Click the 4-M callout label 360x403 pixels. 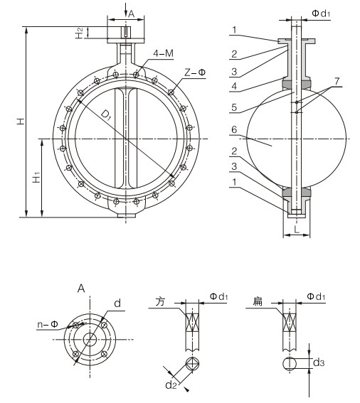pyautogui.click(x=163, y=53)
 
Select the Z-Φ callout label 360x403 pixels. pyautogui.click(x=196, y=72)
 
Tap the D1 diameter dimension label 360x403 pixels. pyautogui.click(x=106, y=114)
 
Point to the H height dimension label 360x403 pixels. pyautogui.click(x=21, y=121)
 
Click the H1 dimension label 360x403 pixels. pyautogui.click(x=36, y=177)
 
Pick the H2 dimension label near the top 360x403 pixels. pyautogui.click(x=79, y=33)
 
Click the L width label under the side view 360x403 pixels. pyautogui.click(x=297, y=229)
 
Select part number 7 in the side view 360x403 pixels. pyautogui.click(x=337, y=81)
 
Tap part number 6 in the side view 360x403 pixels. pyautogui.click(x=234, y=129)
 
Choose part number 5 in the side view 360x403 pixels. pyautogui.click(x=234, y=107)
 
